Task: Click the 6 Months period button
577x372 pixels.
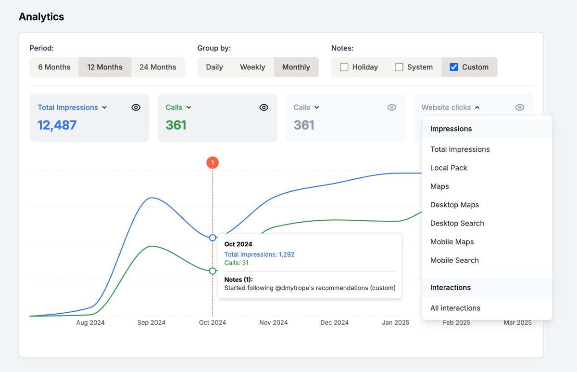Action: [x=54, y=67]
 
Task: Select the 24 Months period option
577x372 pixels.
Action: [x=158, y=67]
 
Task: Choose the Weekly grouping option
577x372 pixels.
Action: [x=252, y=67]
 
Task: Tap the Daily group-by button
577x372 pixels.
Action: [x=214, y=67]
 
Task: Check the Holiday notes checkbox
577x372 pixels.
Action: [x=344, y=67]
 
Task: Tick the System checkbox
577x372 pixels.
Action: [x=399, y=67]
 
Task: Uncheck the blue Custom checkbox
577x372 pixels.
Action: [x=454, y=67]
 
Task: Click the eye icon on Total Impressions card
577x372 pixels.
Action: [x=136, y=107]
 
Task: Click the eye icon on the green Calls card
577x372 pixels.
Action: [x=264, y=107]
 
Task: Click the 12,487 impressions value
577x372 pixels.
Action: [x=57, y=125]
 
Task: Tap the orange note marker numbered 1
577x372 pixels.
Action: [x=213, y=163]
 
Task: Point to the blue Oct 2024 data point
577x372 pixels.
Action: [x=213, y=238]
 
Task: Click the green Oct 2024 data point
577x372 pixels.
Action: [x=213, y=271]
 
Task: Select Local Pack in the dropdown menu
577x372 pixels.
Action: [x=449, y=168]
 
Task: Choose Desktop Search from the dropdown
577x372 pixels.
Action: [x=457, y=223]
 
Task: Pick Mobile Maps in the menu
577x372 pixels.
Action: [x=452, y=242]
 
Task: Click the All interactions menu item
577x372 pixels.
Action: [x=455, y=308]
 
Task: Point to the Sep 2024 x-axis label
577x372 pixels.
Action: [x=151, y=322]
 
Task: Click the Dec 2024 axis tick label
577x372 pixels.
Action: [x=335, y=322]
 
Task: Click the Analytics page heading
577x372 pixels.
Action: [x=41, y=17]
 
